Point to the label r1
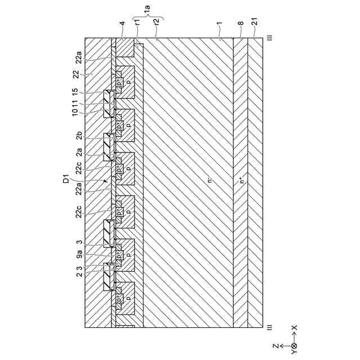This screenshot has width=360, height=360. pos(137,23)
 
